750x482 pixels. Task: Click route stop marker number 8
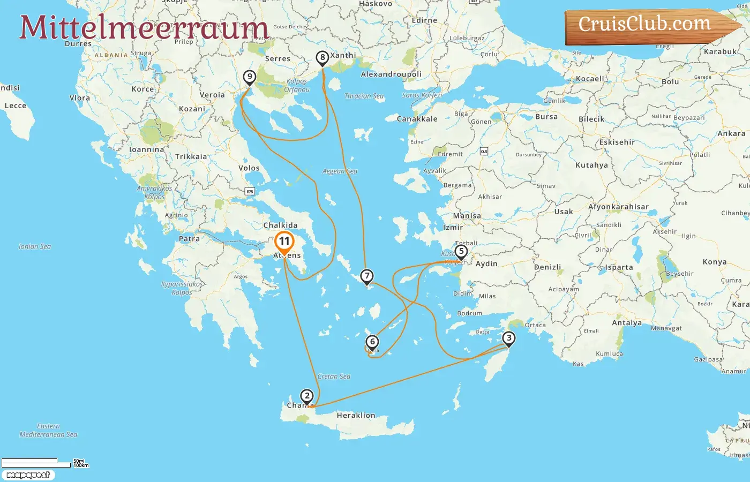point(322,57)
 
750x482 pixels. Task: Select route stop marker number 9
point(249,77)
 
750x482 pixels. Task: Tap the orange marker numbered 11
point(284,242)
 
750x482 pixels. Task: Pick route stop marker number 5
point(461,251)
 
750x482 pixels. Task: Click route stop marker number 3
point(509,338)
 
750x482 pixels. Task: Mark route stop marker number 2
point(306,396)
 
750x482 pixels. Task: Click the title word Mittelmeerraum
point(144,27)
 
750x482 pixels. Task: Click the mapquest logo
point(28,475)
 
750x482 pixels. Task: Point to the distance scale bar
point(36,463)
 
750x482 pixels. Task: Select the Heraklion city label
point(356,416)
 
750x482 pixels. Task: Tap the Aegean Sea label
point(340,171)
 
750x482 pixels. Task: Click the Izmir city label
point(453,228)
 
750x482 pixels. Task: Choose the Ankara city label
point(731,134)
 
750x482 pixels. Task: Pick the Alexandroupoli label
point(391,74)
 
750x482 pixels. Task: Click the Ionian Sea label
point(35,247)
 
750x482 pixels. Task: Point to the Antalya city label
point(627,323)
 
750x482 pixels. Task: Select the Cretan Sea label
point(334,376)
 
